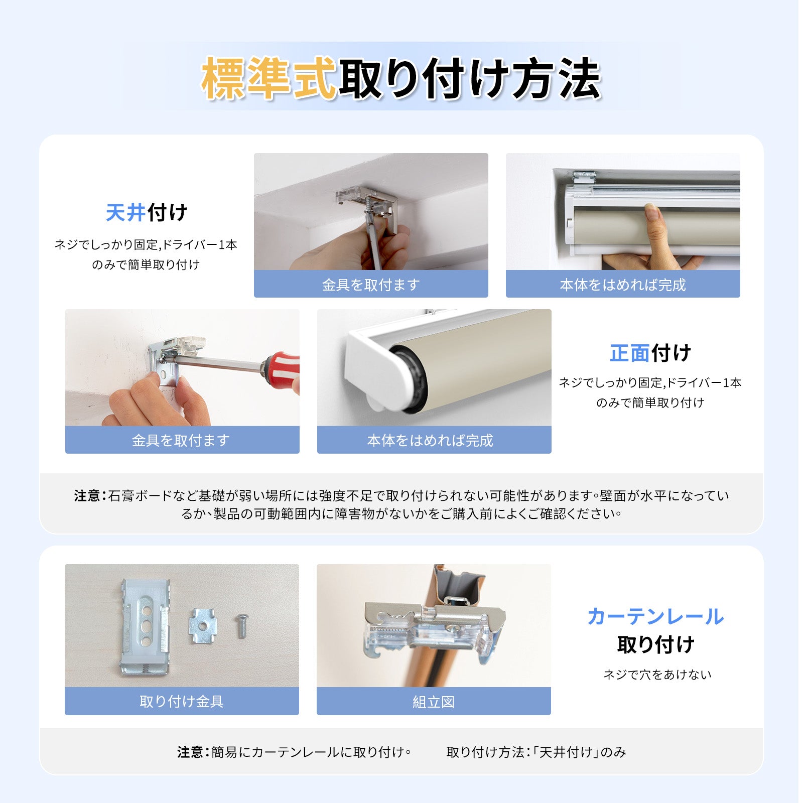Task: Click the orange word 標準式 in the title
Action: coord(269,78)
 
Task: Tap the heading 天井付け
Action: coord(147,212)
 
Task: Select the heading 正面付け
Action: coord(650,353)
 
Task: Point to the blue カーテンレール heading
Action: coord(655,616)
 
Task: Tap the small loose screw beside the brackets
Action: coord(241,625)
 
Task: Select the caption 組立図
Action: coord(434,702)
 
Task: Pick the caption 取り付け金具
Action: coord(182,701)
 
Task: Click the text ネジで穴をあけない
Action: coord(657,675)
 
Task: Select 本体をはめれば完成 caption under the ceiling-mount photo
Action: coord(623,285)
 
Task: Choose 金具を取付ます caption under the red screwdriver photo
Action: coord(181,440)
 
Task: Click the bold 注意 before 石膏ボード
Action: coord(87,496)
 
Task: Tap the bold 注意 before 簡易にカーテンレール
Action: coord(190,752)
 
